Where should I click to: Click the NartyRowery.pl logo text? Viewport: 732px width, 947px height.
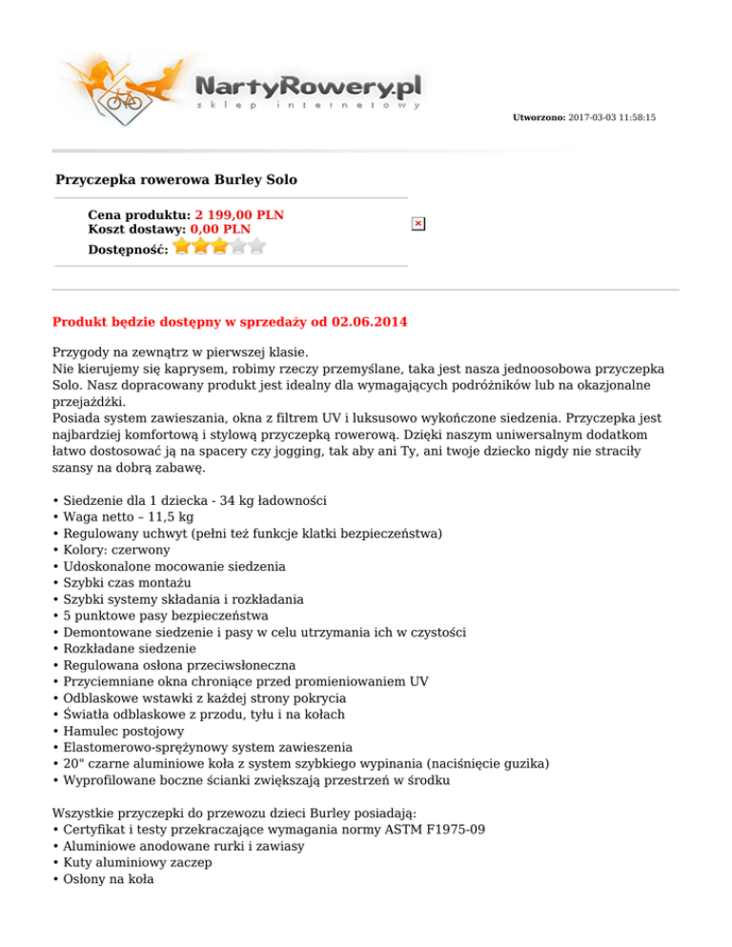[x=308, y=89]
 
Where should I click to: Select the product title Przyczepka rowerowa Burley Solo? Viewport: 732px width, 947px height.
[x=176, y=179]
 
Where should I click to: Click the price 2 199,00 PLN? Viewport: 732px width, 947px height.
[x=238, y=215]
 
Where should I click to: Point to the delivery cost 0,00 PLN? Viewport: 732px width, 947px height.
[x=220, y=230]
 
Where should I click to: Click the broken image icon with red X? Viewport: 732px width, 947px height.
[x=418, y=223]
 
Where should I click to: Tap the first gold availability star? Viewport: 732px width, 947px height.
[x=182, y=247]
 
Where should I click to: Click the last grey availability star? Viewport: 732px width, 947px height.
[x=256, y=247]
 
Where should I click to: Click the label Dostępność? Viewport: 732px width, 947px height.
[x=128, y=249]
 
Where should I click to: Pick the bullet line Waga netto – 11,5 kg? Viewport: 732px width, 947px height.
[x=128, y=516]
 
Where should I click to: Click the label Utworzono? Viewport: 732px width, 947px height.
[x=539, y=117]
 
